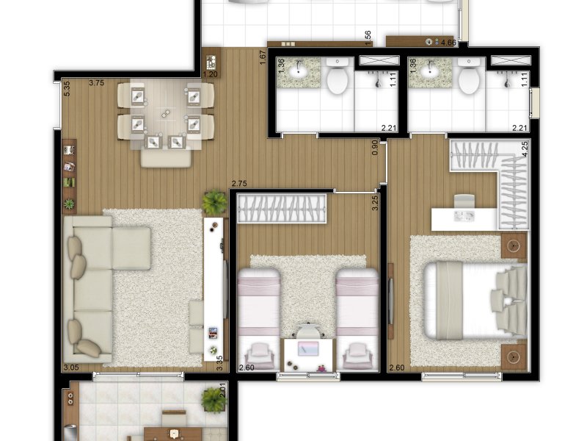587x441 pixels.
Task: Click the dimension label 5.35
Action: (67, 89)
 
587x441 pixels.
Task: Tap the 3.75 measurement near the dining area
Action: (96, 83)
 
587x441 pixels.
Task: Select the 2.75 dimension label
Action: (238, 183)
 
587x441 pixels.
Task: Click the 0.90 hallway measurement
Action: (375, 148)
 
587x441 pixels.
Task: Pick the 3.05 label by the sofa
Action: (71, 366)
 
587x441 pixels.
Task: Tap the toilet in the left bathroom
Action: (338, 80)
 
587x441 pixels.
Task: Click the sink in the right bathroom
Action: (430, 72)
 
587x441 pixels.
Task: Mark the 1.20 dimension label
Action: (211, 74)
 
